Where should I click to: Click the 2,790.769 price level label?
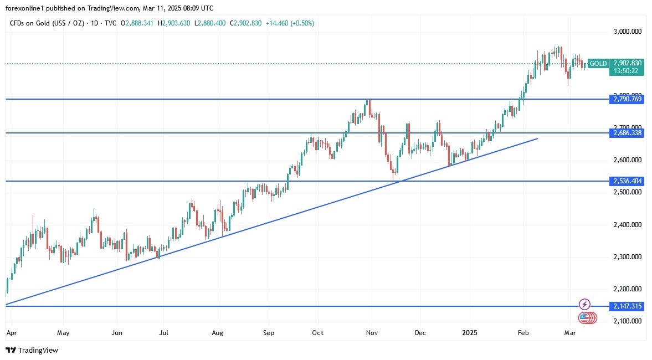[627, 99]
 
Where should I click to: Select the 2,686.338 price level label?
[627, 133]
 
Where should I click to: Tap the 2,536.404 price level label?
[627, 181]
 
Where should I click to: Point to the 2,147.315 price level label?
[627, 306]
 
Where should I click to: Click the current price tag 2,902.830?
[627, 63]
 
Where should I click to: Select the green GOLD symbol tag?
[598, 63]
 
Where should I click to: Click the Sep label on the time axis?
[269, 333]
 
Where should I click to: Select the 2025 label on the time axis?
[470, 333]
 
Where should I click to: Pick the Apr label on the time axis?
[12, 333]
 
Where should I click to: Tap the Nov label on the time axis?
[372, 333]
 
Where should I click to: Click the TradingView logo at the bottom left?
[32, 350]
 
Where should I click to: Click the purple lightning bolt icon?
[584, 304]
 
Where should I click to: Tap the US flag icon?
[584, 318]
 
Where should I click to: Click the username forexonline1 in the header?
[27, 8]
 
